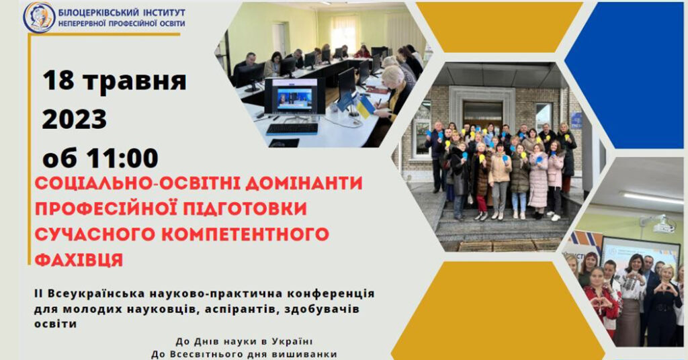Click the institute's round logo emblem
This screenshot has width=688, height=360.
click(x=40, y=17)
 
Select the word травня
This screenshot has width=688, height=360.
click(x=135, y=81)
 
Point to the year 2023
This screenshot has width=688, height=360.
click(x=75, y=120)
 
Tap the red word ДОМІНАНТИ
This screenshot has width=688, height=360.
click(x=304, y=183)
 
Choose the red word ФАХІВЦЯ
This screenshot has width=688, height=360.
click(x=79, y=259)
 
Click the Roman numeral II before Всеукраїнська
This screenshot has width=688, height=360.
click(x=38, y=293)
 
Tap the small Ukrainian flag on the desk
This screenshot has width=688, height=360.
click(x=365, y=107)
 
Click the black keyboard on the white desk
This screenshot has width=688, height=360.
click(x=292, y=128)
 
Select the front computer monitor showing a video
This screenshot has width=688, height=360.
click(x=294, y=97)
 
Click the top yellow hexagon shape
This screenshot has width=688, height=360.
click(x=499, y=27)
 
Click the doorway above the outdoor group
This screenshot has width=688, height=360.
click(x=482, y=116)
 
